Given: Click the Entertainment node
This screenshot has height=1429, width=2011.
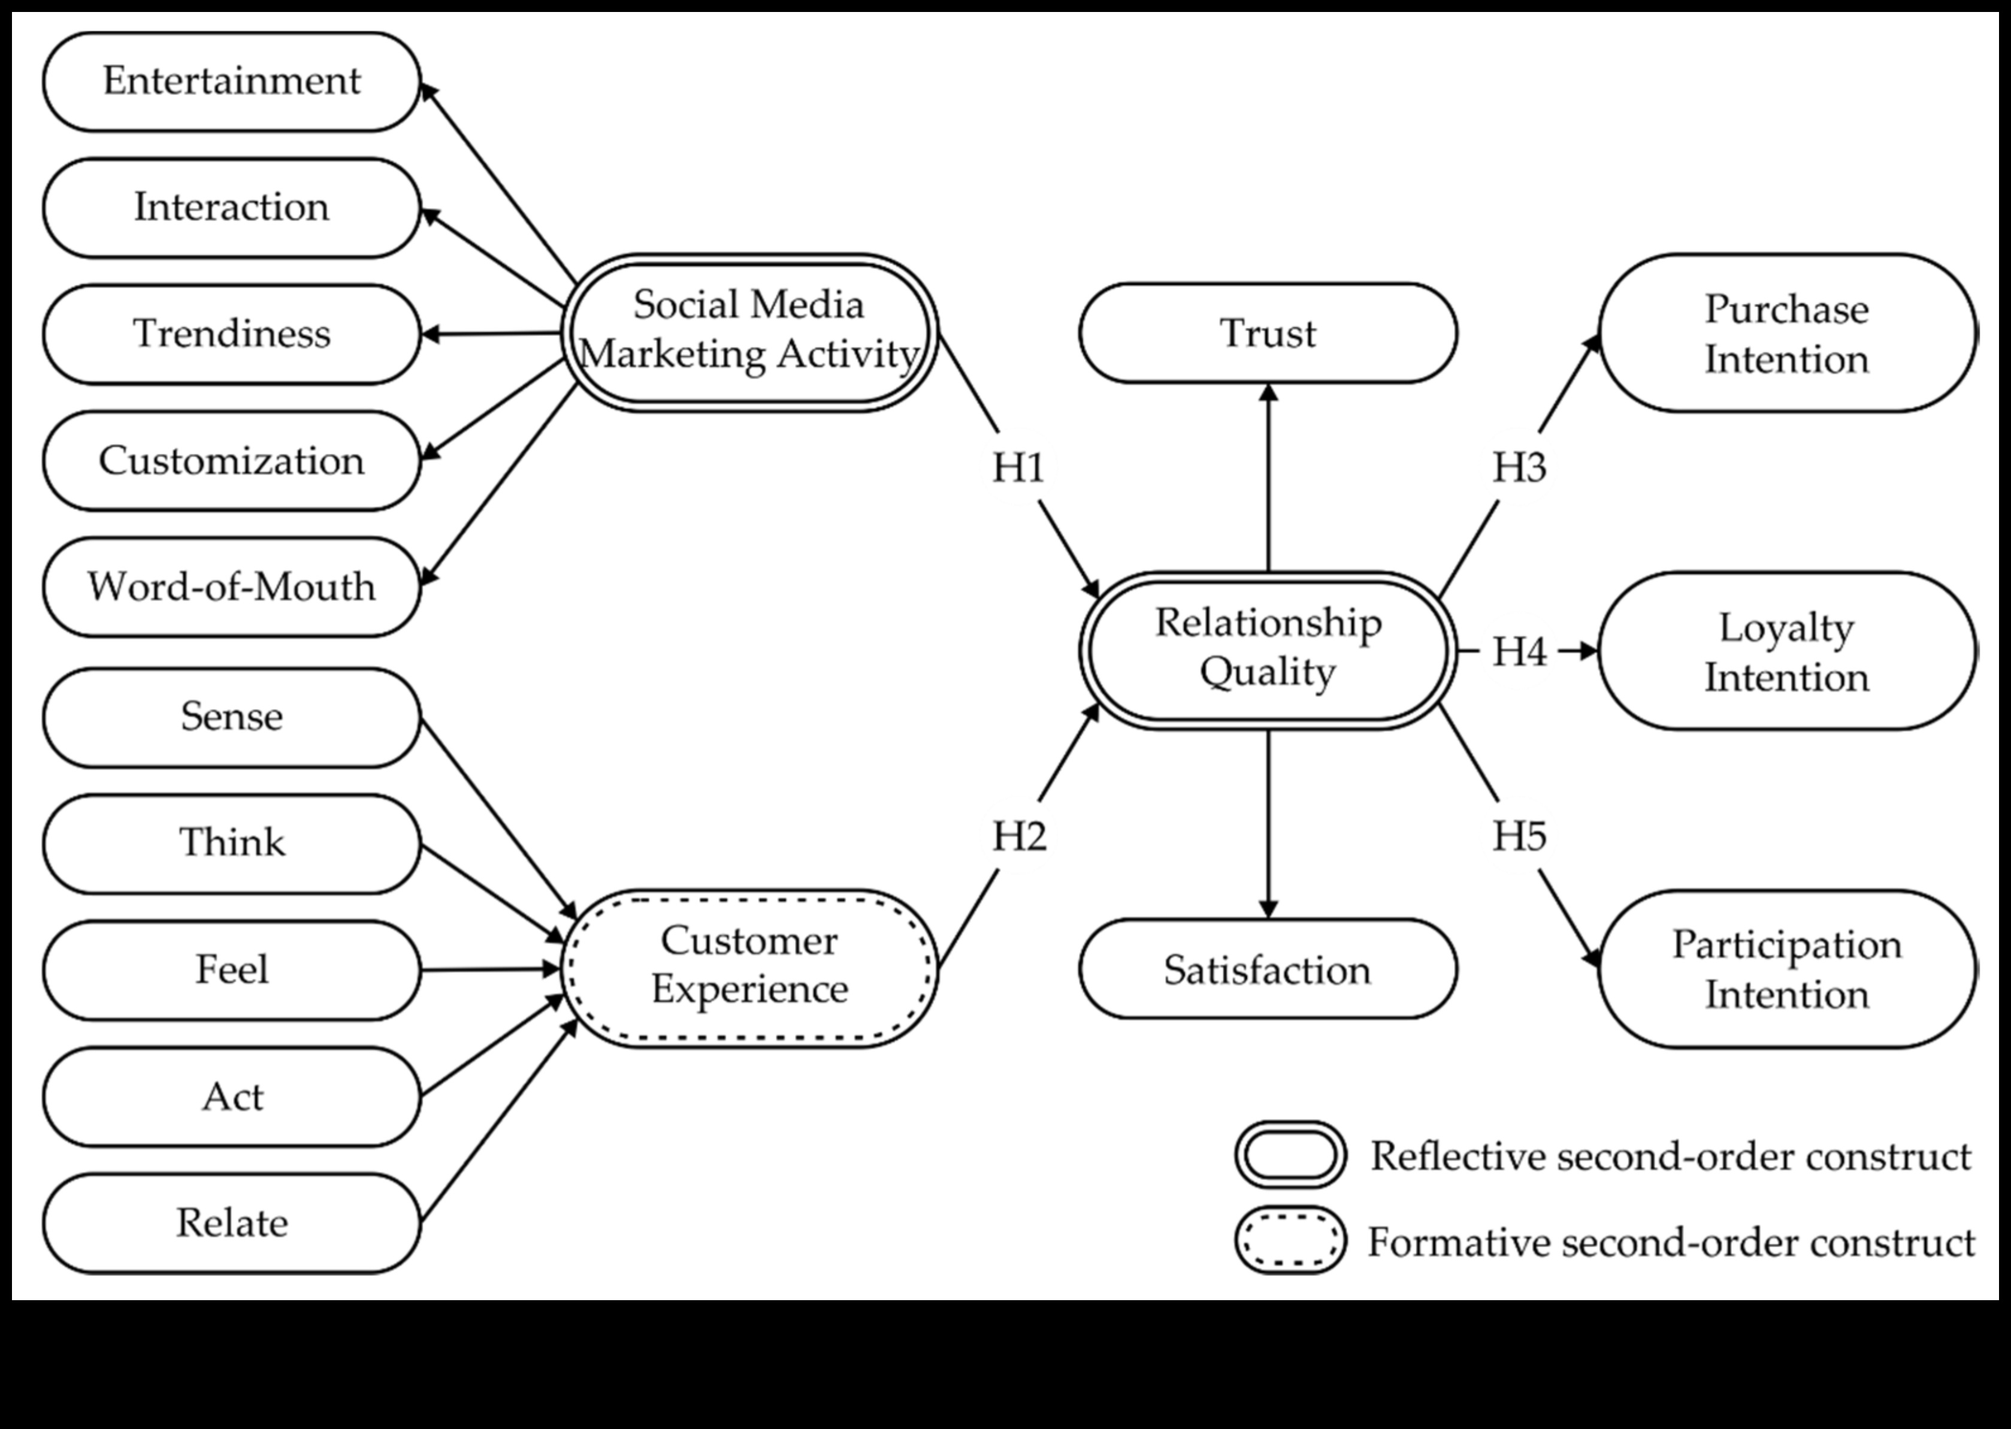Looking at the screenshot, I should [x=231, y=82].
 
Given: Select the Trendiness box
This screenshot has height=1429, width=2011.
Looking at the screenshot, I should [x=231, y=334].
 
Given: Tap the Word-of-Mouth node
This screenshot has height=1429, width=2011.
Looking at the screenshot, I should [x=231, y=587].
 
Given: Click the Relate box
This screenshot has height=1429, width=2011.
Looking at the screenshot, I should [x=231, y=1222].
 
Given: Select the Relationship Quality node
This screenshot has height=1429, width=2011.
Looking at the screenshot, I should [x=1268, y=649].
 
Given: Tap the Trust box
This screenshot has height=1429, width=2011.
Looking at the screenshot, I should [x=1268, y=333].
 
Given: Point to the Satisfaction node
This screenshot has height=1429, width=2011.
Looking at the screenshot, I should [x=1268, y=969].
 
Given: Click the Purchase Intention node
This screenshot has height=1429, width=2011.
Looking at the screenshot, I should [x=1787, y=334].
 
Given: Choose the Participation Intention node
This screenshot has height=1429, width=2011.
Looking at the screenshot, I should [x=1787, y=969].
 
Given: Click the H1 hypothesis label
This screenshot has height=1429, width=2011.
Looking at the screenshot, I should [x=1019, y=467].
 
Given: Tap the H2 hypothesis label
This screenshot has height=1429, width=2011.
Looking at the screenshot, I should [x=1019, y=836].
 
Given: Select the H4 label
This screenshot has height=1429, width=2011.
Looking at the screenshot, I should [x=1519, y=652].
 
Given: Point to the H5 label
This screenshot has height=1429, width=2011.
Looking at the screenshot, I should [x=1519, y=836].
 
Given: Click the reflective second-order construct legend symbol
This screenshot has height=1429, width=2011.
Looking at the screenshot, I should [x=1290, y=1155].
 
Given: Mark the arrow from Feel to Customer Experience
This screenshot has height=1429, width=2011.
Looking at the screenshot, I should [x=491, y=969].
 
